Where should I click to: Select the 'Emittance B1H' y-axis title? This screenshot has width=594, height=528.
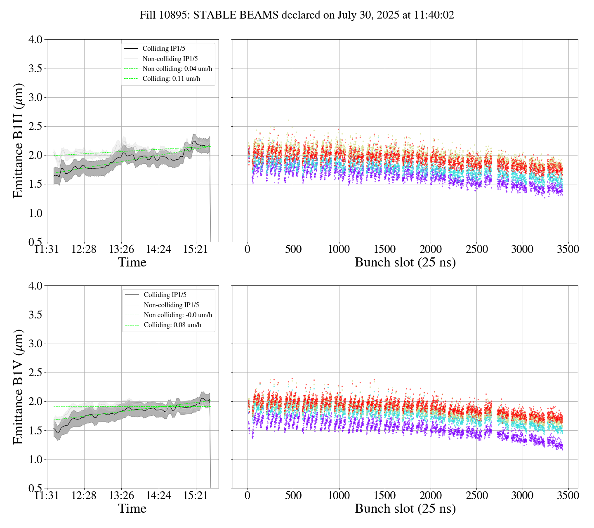coord(18,141)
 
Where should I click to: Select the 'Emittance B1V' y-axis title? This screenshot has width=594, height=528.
coord(18,387)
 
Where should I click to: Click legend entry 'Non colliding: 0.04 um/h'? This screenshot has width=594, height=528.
coord(180,68)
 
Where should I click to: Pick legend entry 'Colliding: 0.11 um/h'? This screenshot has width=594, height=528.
coord(171,78)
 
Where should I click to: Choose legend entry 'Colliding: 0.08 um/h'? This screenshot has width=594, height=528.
coord(172,325)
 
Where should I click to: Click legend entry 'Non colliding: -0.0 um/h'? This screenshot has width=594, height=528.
coord(178,315)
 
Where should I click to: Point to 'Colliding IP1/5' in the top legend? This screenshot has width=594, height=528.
coord(164,49)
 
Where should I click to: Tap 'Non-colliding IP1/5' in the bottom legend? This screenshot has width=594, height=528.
coord(171,305)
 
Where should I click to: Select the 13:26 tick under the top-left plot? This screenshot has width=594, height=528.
coord(121,249)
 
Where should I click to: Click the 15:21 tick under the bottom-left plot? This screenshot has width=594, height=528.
coord(196,495)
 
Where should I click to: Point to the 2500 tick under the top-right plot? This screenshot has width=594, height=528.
coord(476,249)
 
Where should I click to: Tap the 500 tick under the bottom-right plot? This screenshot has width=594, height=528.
coord(293,495)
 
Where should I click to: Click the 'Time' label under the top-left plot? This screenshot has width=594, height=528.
coord(132,262)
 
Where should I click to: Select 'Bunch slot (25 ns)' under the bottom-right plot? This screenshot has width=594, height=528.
coord(405,509)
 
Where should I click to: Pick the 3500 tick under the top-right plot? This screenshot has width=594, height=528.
coord(568,249)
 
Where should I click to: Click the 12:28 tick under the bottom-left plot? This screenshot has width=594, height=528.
coord(84,495)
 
